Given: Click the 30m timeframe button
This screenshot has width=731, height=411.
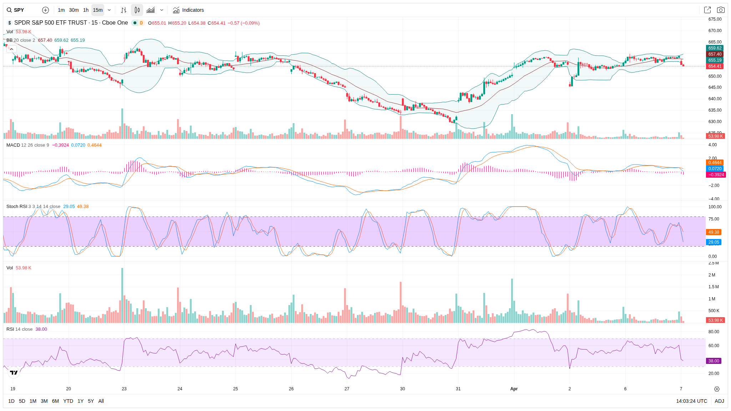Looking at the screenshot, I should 74,10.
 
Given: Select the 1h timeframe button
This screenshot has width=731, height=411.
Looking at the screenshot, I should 86,10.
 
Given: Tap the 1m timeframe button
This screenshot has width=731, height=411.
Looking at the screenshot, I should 61,10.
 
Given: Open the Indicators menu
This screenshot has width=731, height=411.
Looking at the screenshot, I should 188,10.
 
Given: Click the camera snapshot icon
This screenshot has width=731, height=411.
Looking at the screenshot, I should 721,10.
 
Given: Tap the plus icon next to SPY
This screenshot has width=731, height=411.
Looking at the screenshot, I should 45,10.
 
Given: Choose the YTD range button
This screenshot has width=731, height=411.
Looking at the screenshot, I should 68,401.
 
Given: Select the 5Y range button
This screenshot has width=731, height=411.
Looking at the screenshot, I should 91,401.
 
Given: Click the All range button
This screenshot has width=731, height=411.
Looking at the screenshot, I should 101,401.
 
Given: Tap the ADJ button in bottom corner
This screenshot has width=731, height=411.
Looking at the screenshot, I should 719,401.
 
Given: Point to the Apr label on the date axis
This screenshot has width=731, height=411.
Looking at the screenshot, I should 514,389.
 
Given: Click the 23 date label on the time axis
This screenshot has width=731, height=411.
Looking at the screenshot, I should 124,389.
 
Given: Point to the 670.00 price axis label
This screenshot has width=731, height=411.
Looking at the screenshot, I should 715,31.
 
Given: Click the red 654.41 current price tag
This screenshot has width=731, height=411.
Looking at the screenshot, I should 715,66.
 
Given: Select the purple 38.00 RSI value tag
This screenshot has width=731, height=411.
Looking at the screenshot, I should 714,361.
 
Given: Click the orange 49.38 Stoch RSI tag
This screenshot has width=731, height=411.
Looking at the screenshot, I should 714,232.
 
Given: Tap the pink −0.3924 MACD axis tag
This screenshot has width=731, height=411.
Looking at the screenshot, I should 716,175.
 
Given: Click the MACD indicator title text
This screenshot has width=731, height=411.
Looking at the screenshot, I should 13,145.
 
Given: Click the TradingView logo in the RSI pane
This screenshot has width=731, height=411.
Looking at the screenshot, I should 14,373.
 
